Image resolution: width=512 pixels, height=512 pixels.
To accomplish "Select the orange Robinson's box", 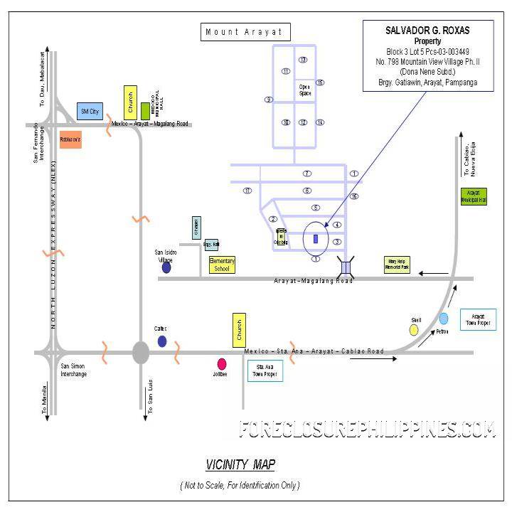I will (70, 139).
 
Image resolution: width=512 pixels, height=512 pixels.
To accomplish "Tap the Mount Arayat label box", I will (244, 32).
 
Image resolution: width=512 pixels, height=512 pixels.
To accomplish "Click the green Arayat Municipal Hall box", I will (474, 197).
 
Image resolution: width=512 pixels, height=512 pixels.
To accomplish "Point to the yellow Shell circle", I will (414, 330).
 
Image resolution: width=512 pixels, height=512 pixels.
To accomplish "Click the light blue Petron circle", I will (444, 319).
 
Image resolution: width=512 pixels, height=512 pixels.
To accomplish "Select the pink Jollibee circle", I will (222, 363).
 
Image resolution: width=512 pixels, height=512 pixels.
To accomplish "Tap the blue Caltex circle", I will (162, 341).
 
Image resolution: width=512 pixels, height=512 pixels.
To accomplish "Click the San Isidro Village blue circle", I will (166, 267).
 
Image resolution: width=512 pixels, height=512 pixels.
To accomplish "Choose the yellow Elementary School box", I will (221, 265).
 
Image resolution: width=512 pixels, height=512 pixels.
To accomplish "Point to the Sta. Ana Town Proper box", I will (265, 371).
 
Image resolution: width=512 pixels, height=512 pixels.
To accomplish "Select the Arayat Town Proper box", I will (478, 319).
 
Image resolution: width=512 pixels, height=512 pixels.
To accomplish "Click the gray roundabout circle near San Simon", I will (141, 351).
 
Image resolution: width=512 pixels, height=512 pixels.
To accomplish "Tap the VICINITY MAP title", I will (240, 465).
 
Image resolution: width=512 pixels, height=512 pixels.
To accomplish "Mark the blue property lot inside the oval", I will (315, 239).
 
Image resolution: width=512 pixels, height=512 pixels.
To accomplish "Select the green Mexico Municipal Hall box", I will (145, 111).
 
